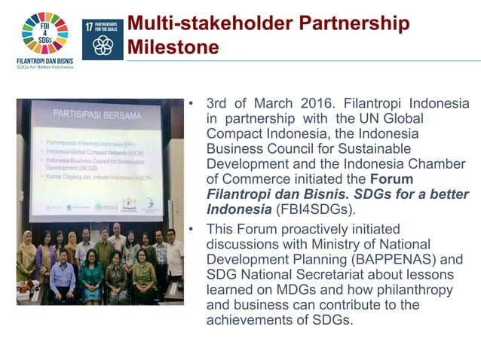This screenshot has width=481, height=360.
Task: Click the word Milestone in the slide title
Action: tap(173, 48)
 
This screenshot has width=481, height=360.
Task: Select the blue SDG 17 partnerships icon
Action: tap(102, 39)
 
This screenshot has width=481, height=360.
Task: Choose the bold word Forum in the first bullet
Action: tap(392, 178)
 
